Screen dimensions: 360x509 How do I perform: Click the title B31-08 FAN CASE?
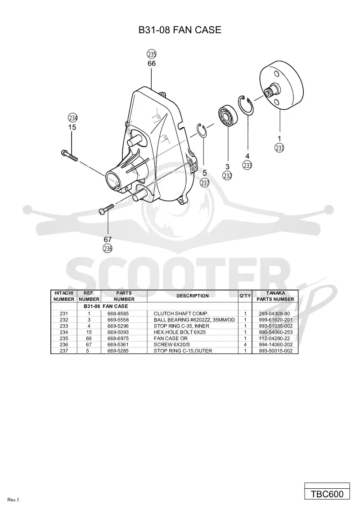pyautogui.click(x=180, y=30)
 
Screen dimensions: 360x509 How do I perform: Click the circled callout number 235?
pyautogui.click(x=152, y=54)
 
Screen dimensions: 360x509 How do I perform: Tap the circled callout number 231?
pyautogui.click(x=279, y=148)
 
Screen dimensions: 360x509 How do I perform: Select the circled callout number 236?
pyautogui.click(x=108, y=249)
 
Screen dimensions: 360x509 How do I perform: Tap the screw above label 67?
pyautogui.click(x=106, y=209)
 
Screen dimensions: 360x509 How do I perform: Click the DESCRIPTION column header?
pyautogui.click(x=192, y=296)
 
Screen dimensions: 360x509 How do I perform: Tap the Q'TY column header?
pyautogui.click(x=245, y=296)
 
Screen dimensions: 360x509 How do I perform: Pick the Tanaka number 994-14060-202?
pyautogui.click(x=275, y=344)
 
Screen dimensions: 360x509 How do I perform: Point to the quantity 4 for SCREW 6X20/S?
pyautogui.click(x=245, y=344)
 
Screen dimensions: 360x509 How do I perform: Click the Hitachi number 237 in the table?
pyautogui.click(x=64, y=351)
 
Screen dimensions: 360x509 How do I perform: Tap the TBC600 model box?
pyautogui.click(x=327, y=494)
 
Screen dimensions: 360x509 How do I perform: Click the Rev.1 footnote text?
pyautogui.click(x=13, y=500)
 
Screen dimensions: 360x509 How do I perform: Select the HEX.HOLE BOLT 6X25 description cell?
pyautogui.click(x=180, y=332)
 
